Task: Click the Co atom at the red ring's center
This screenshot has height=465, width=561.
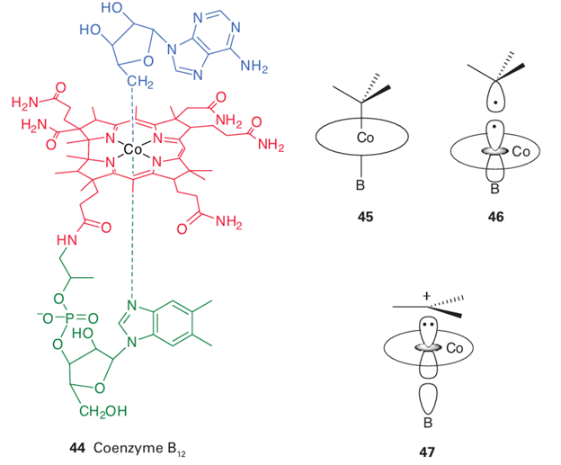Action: pyautogui.click(x=134, y=148)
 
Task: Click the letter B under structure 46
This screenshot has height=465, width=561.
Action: pyautogui.click(x=492, y=190)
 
